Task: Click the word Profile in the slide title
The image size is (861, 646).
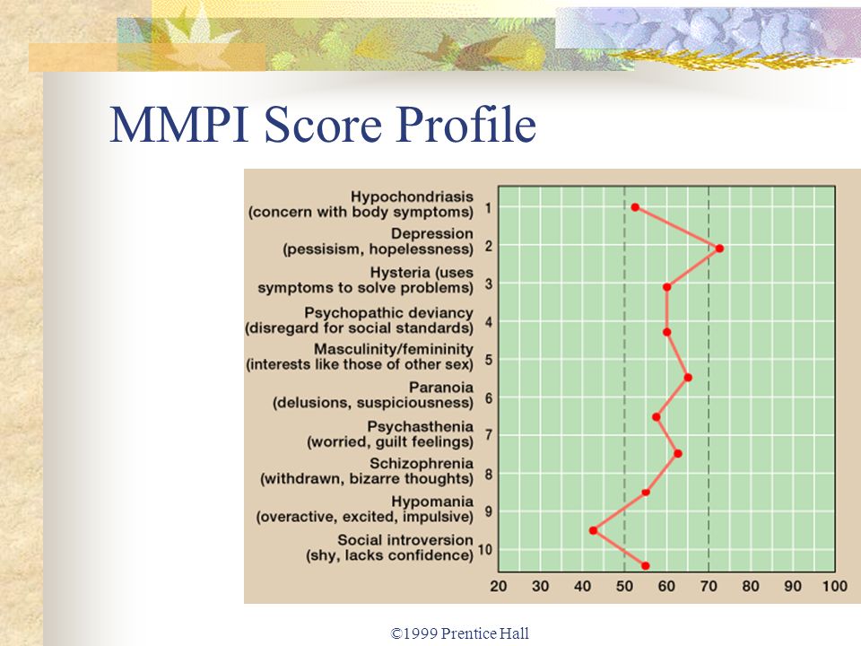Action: coord(465,124)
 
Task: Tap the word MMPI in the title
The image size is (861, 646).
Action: coord(180,124)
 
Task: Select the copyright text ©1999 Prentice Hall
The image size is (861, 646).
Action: coord(459,633)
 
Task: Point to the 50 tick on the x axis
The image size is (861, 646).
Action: coord(624,587)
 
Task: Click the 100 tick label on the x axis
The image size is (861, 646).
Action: coord(835,587)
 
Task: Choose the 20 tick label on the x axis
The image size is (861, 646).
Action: coord(498,587)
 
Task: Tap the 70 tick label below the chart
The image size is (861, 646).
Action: coord(709,587)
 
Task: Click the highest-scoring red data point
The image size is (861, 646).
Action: coord(719,249)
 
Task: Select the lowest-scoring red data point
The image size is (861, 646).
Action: coord(593,530)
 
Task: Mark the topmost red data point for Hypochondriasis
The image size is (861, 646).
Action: coord(635,207)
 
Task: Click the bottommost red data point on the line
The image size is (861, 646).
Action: coord(645,566)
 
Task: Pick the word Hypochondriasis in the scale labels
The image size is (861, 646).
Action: coord(412,196)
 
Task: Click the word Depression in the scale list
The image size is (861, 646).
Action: coord(431,233)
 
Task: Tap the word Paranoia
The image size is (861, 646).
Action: coord(441,388)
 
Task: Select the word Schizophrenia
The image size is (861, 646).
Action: coord(422,463)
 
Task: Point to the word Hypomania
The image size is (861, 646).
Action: coord(432,502)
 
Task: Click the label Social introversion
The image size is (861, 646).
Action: coord(405,539)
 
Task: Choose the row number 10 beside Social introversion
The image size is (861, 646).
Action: coord(485,549)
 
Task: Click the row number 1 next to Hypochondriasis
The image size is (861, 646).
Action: coord(488,207)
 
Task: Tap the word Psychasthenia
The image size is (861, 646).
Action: coord(420,426)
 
